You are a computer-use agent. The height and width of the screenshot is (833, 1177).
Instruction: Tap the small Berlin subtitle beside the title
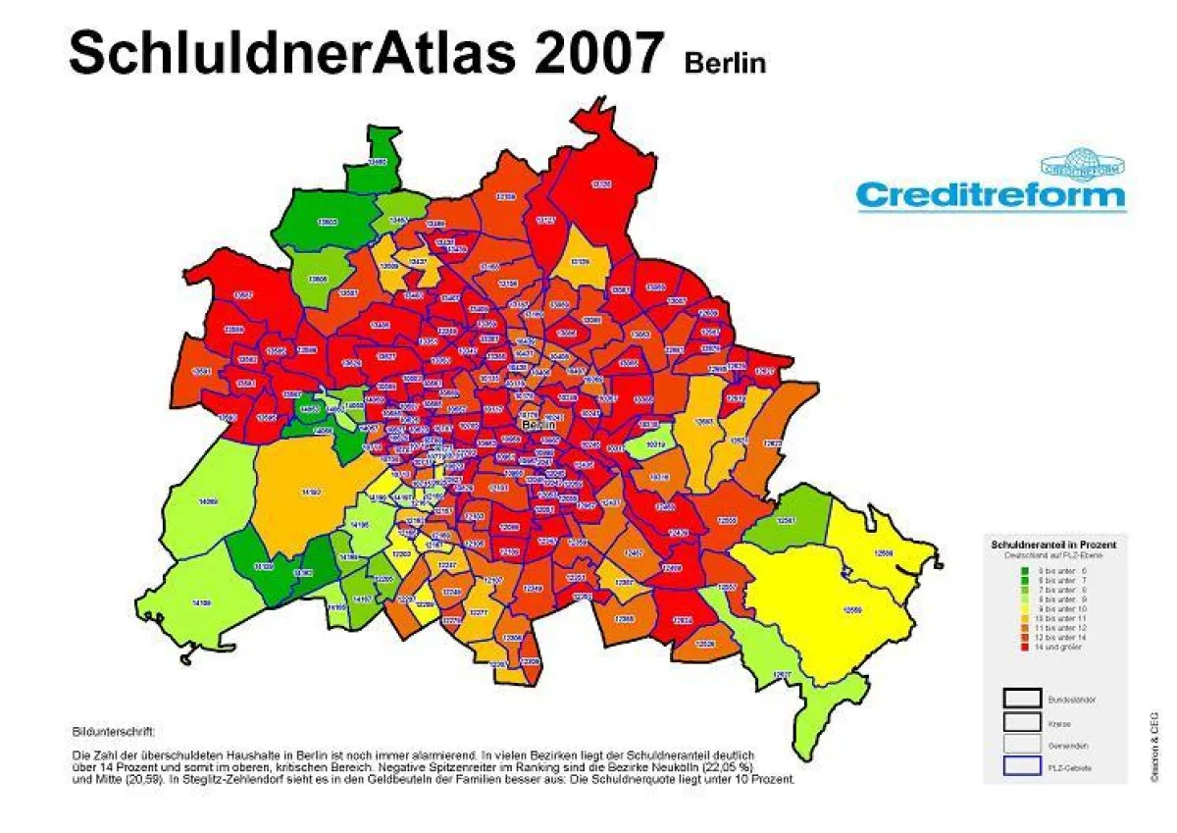(x=725, y=62)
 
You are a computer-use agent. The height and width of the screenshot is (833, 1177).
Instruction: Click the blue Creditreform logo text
(x=991, y=194)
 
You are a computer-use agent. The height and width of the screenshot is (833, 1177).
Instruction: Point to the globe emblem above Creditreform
(x=1084, y=163)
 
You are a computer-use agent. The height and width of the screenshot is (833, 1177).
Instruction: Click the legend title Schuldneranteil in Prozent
(x=1053, y=544)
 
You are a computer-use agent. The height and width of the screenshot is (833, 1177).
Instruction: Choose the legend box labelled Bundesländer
(x=1022, y=699)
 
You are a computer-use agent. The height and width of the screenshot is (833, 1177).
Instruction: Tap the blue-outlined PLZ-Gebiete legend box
(x=1022, y=767)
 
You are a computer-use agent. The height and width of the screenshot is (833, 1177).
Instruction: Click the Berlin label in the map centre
(x=538, y=426)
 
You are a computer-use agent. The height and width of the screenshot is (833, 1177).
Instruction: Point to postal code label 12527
(x=783, y=675)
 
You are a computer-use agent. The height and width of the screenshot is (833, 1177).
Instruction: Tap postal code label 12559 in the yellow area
(x=851, y=610)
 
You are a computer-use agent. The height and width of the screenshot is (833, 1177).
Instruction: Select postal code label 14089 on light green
(x=207, y=501)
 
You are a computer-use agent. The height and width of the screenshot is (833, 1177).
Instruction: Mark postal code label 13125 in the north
(x=601, y=183)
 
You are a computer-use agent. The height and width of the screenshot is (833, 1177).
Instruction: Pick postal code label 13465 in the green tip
(x=378, y=160)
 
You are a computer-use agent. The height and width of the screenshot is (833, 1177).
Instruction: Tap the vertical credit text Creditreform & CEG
(x=1155, y=746)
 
